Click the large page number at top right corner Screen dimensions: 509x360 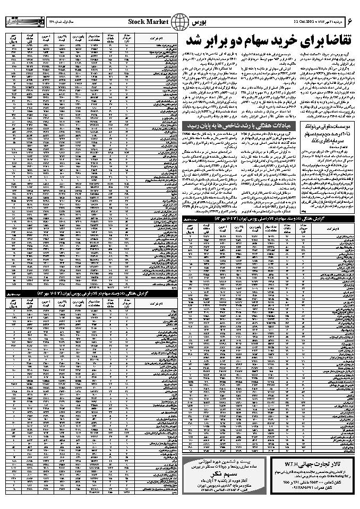pyautogui.click(x=349, y=21)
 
